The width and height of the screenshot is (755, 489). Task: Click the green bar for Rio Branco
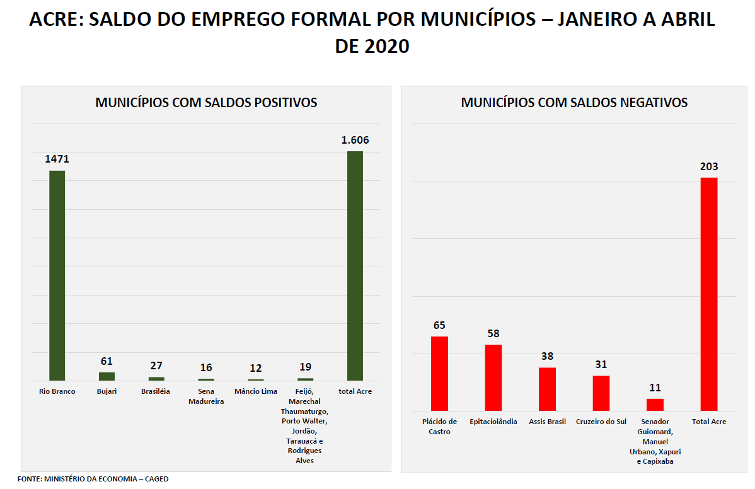[57, 275]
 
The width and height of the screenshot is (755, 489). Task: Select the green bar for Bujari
[107, 376]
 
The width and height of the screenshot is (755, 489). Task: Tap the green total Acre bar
[355, 266]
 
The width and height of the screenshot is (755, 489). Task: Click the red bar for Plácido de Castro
[439, 374]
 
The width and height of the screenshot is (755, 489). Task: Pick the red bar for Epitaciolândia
[493, 377]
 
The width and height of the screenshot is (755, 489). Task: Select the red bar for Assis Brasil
[547, 389]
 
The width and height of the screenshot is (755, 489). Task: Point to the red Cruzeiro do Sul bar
[601, 393]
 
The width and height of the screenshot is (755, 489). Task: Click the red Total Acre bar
[709, 294]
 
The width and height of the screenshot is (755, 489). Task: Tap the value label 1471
[57, 159]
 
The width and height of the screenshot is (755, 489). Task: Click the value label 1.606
[355, 140]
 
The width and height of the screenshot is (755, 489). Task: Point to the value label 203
[709, 166]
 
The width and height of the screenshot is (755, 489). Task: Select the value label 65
[439, 325]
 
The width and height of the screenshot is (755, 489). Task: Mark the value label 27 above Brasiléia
[156, 365]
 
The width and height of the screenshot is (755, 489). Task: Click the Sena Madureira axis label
[206, 396]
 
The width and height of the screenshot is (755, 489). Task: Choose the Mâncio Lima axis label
[256, 391]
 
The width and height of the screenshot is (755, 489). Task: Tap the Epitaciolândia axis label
[493, 422]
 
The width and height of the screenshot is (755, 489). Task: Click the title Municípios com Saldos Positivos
[206, 102]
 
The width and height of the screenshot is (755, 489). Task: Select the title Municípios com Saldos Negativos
[574, 102]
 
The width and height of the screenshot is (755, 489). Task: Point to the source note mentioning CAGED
[93, 479]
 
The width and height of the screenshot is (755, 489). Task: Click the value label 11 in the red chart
[655, 388]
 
